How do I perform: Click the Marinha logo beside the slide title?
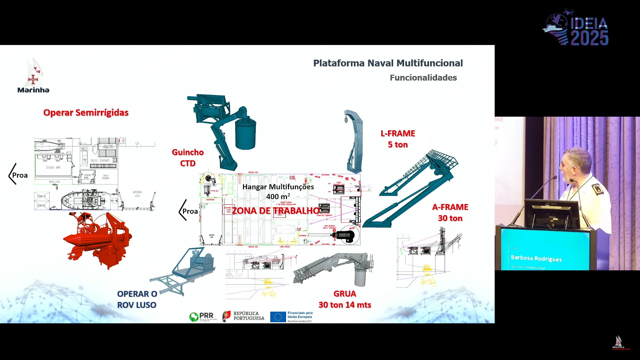coord(33,76)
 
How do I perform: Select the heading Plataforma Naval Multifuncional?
coord(388,63)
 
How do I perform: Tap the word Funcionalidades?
coord(423,78)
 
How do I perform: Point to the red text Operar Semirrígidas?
coord(86,113)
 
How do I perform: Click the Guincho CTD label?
coord(188,158)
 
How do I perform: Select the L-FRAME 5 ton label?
coord(398,139)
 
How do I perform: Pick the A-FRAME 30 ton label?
coord(450,213)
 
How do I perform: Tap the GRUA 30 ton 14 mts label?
coord(345,299)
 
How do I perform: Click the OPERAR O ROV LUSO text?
coord(137,299)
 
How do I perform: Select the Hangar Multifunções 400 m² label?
coord(278,191)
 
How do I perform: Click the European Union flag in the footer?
coord(278,317)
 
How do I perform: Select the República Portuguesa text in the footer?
coord(249,316)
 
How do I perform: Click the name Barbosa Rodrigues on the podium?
coord(536,258)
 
